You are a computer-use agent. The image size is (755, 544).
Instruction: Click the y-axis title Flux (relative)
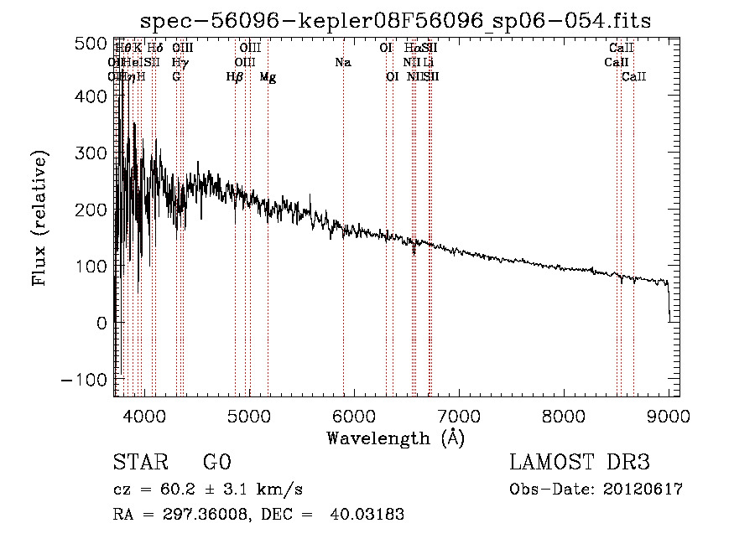click(39, 218)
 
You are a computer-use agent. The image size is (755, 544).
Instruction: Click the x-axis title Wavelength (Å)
click(395, 438)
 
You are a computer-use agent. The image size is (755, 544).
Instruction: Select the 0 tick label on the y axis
click(101, 323)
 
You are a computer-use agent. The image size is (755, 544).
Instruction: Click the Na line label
click(342, 63)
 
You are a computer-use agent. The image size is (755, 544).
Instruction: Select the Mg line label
click(268, 77)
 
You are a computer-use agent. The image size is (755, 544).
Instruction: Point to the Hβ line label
click(235, 77)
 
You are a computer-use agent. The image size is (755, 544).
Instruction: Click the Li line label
click(429, 63)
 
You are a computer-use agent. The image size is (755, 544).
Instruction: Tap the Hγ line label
click(179, 63)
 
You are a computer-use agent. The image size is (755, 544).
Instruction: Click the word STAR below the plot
click(139, 463)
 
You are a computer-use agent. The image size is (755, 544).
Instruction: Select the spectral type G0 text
click(216, 463)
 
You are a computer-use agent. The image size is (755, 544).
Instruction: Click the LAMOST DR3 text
click(579, 463)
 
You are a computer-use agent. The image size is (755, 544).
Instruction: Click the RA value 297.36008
click(195, 515)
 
